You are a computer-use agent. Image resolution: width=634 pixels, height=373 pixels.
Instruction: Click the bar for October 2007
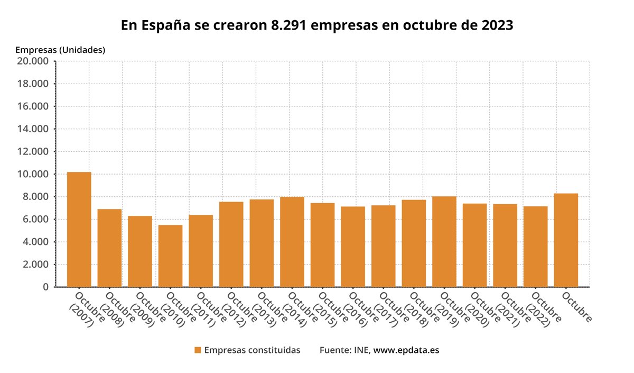coord(79,230)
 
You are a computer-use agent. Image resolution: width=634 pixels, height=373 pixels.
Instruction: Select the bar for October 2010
coord(170,256)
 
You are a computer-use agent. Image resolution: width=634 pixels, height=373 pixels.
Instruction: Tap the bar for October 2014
coord(292,242)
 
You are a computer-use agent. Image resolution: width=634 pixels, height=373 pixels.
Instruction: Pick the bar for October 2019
coord(444,242)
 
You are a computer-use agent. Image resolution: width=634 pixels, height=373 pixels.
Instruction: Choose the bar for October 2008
coord(109,248)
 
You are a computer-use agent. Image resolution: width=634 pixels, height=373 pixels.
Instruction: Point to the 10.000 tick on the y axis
coord(34,174)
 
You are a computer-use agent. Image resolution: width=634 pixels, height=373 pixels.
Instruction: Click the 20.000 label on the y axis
coord(34,61)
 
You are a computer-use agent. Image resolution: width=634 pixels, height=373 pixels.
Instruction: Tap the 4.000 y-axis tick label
coord(36,242)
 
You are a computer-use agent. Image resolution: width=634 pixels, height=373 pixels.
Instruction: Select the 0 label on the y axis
coord(46,287)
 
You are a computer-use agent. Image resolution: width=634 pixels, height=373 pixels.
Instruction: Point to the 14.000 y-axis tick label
coord(34,129)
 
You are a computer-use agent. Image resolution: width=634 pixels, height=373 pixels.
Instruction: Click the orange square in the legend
coord(198,350)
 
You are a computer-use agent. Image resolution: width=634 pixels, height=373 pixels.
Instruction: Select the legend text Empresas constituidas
coord(252,350)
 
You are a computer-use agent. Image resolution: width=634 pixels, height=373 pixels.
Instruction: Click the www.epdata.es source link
coord(406,350)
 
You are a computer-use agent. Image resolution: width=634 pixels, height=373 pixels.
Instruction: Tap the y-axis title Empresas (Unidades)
coord(60,50)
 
